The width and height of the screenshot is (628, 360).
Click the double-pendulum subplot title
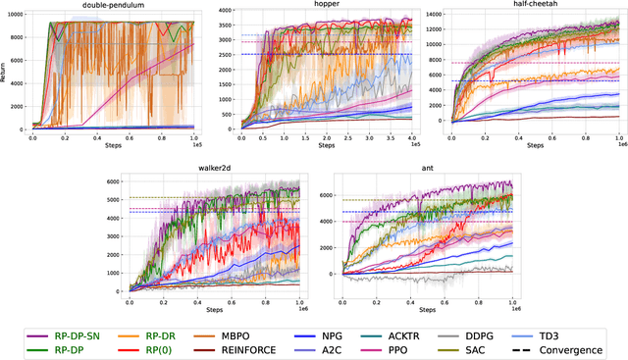(x=113, y=5)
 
